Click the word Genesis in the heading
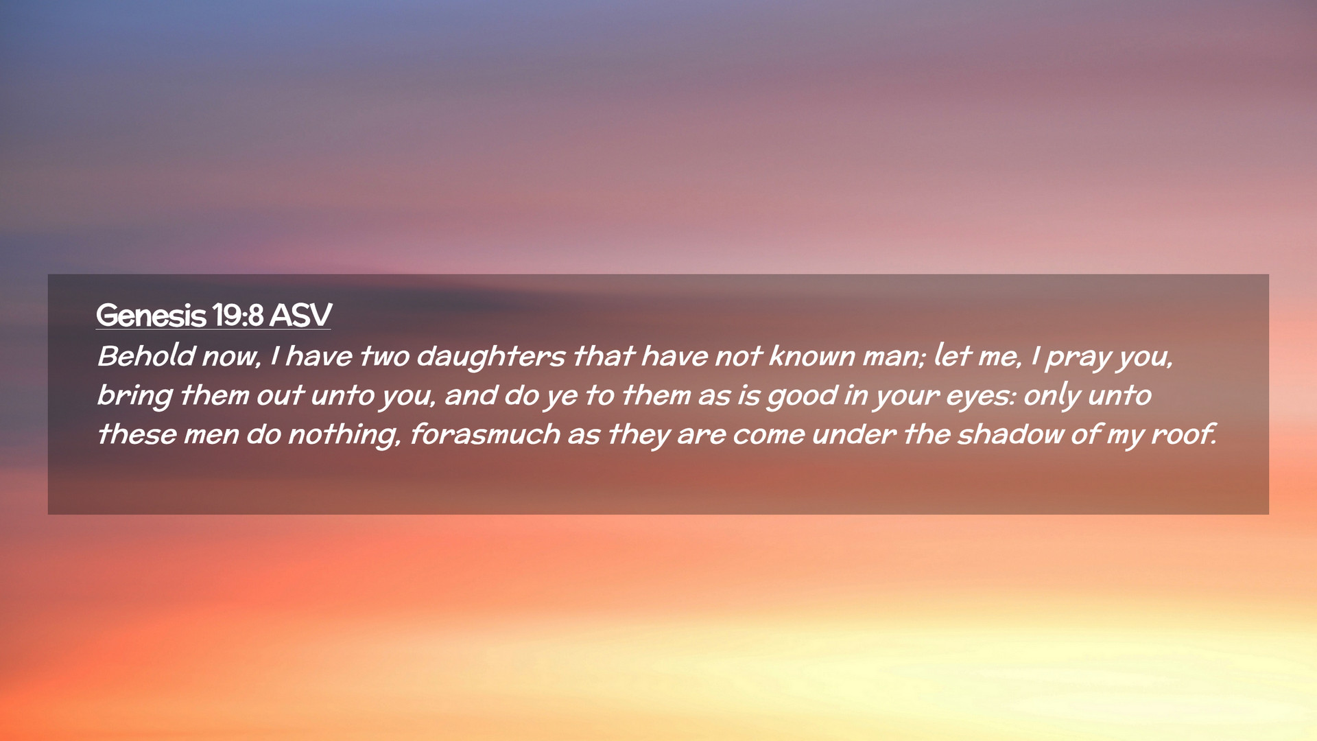[151, 316]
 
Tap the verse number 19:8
[238, 316]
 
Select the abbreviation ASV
[300, 316]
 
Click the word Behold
[146, 356]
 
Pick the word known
[811, 356]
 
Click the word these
[137, 434]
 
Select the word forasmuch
[484, 434]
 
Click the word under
[853, 434]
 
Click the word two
[384, 357]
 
